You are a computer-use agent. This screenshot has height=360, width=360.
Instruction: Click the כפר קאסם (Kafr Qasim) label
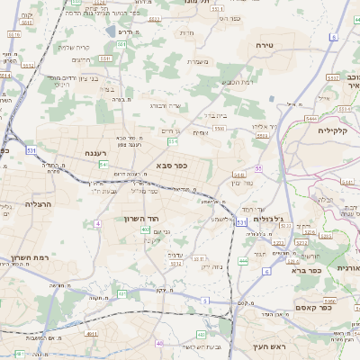tap(315, 307)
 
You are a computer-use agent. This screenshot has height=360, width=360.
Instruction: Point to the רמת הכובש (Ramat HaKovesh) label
tap(237, 83)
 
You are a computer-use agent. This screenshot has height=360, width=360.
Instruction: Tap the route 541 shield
tap(103, 165)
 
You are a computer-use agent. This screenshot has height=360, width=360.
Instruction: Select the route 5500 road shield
tap(220, 130)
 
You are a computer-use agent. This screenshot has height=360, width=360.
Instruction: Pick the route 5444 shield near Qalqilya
tap(310, 118)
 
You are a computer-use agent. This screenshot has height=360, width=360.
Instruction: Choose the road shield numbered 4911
tap(91, 333)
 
